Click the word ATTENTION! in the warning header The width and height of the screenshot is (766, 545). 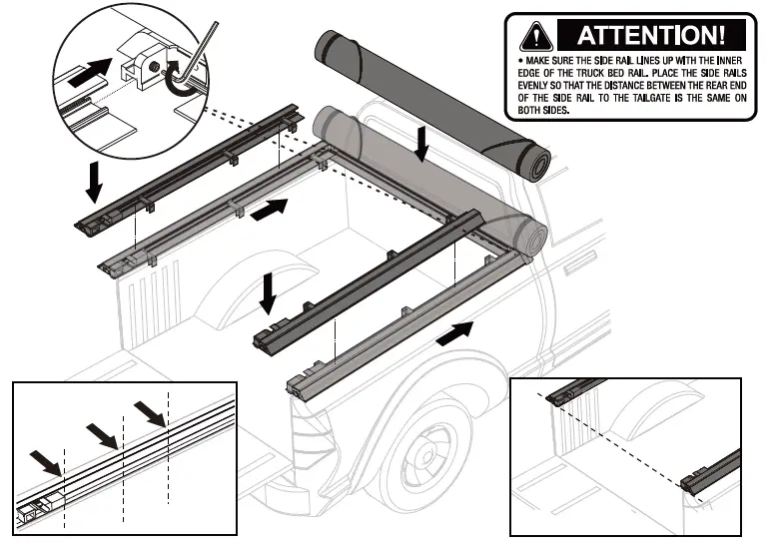tap(648, 36)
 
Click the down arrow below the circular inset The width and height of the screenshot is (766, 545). tap(94, 180)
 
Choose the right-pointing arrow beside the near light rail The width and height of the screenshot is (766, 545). tap(454, 331)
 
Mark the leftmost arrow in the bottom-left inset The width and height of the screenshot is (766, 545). tap(46, 460)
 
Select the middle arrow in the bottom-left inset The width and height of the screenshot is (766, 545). tap(102, 433)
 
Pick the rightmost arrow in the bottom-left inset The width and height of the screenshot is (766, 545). tap(151, 409)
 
